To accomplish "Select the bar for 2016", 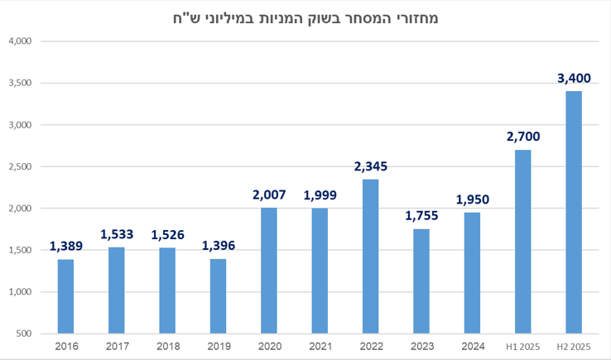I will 65,296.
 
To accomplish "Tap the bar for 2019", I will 218,296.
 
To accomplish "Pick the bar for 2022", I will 370,257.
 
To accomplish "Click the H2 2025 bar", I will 574,212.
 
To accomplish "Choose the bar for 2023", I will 421,281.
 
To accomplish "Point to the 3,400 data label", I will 574,79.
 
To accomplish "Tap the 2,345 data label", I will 370,166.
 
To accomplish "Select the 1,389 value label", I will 65,246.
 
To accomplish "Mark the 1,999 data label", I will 320,195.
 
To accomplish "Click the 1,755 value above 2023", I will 421,216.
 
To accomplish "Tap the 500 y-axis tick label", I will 22,334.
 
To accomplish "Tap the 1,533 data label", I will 117,234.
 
